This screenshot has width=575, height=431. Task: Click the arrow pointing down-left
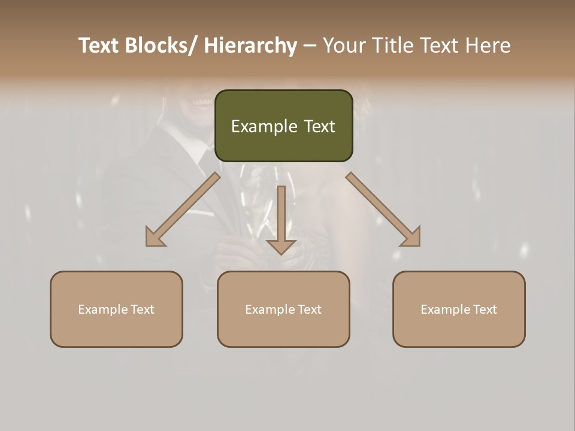[x=183, y=210]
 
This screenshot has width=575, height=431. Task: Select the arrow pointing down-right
[x=383, y=210]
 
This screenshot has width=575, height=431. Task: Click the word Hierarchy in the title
[x=250, y=45]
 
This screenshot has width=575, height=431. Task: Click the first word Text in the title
[x=99, y=45]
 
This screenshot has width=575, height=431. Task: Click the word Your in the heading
[x=344, y=45]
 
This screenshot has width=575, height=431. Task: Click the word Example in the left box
[x=103, y=309]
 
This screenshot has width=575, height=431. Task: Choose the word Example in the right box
[x=446, y=309]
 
